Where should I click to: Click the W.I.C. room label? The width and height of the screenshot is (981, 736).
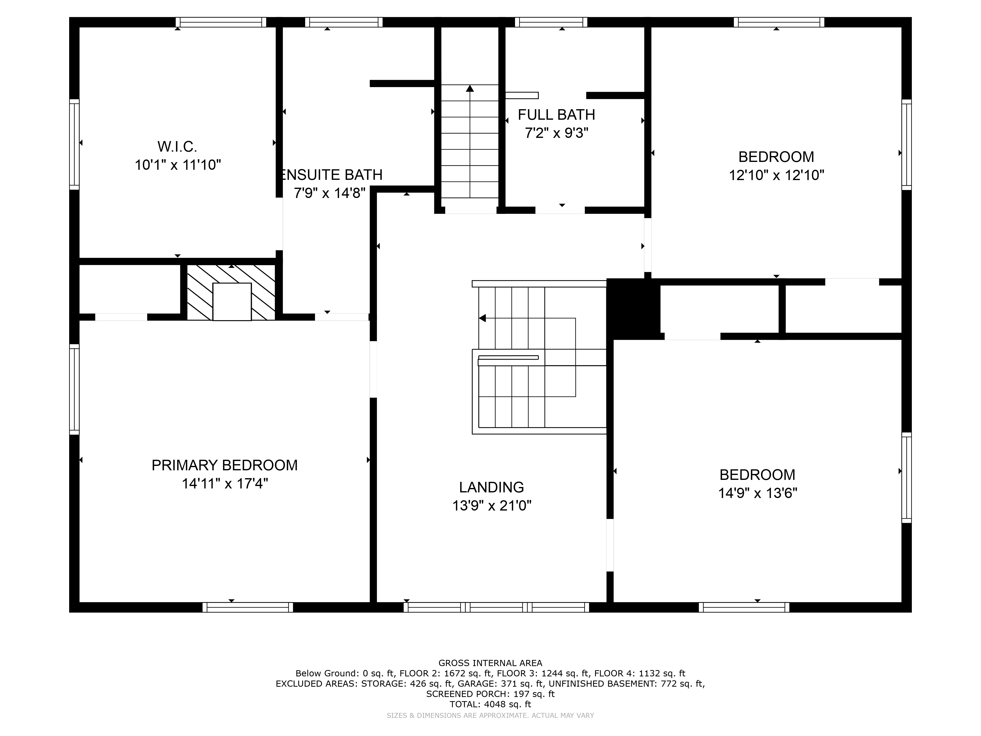[177, 146]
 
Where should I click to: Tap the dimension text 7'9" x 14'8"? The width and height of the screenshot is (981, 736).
[330, 193]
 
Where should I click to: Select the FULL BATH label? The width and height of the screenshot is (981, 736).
[556, 115]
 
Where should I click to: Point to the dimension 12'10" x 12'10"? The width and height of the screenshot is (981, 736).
[776, 175]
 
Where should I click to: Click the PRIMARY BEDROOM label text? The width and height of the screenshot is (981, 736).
[224, 465]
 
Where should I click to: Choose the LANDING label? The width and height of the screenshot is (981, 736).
[491, 487]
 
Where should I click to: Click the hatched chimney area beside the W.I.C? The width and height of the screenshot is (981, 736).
[200, 293]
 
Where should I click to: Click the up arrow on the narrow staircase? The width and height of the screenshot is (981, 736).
[470, 89]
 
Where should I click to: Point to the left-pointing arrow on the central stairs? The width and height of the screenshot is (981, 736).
[482, 318]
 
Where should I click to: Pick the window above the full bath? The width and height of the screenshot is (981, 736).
[551, 22]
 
